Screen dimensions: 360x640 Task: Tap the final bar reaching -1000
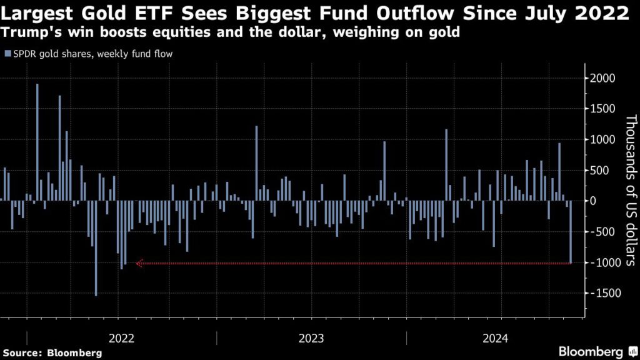point(571,232)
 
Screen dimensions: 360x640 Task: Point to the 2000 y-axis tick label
point(604,78)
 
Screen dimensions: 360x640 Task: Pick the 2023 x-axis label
point(311,338)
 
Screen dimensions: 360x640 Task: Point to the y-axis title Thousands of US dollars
point(630,191)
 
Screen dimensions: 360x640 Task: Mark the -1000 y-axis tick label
point(602,262)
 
